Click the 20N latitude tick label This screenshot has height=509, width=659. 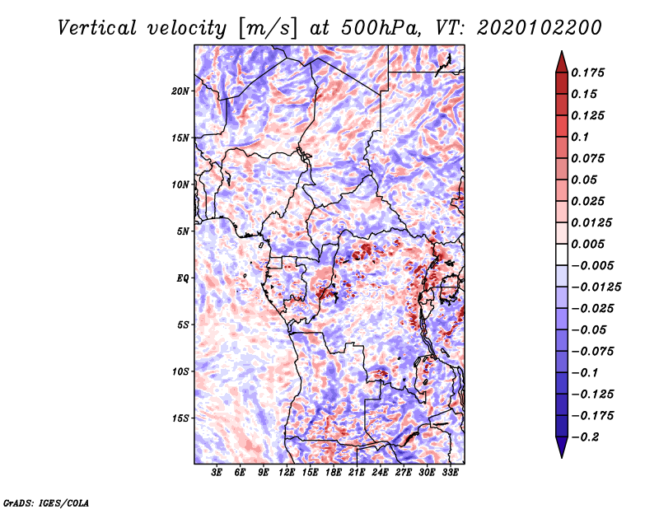180,91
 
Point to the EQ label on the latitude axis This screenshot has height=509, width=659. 182,278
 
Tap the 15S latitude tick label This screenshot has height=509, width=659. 180,418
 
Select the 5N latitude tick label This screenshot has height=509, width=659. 182,231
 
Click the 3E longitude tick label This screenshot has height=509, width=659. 217,473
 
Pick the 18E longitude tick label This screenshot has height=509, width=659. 334,473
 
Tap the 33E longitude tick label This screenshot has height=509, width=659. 450,473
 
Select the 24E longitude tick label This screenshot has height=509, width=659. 380,473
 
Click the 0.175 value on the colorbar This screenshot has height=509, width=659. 587,72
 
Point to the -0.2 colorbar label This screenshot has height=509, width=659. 585,437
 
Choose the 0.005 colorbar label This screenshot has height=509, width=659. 587,244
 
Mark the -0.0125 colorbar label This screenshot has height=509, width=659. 596,287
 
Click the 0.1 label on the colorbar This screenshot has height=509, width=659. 580,137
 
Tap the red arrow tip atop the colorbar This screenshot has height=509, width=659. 562,51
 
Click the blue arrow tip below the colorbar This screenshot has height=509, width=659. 562,457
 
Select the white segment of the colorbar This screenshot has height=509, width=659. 562,254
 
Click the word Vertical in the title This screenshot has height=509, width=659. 97,28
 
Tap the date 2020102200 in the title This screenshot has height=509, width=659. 540,28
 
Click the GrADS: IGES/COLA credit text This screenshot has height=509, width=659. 46,503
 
